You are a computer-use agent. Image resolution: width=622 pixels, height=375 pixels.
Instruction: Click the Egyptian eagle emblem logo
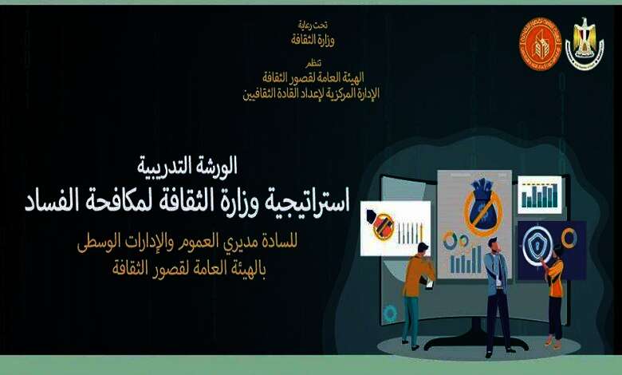coord(585,43)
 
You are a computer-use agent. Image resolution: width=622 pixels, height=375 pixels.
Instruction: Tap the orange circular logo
coord(541,44)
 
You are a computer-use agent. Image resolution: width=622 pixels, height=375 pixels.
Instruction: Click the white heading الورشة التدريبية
coord(187,165)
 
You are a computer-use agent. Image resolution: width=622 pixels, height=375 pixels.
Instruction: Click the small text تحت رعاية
coord(313,26)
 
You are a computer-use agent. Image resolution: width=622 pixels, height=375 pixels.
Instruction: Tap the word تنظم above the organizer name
coord(313,63)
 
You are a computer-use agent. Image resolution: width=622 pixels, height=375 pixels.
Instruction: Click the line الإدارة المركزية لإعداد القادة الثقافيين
coord(311,93)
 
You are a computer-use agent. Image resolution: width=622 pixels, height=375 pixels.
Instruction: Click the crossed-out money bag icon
coord(483,207)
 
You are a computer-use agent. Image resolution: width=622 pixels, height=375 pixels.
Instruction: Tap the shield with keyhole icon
coord(537,244)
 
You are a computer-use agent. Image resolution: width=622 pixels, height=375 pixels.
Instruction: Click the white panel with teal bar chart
coord(540,195)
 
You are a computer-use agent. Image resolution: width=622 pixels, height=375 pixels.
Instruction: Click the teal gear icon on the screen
coord(389,314)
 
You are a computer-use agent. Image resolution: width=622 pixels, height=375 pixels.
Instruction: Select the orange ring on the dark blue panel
coord(569,238)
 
